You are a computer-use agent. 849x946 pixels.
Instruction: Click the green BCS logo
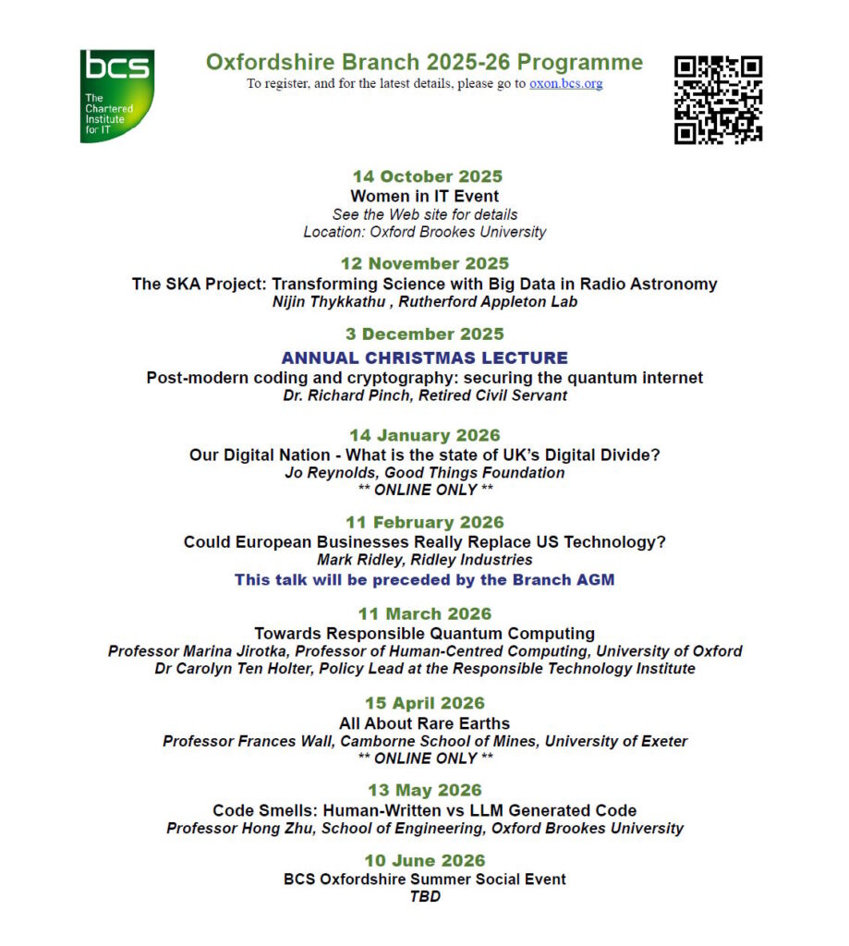pyautogui.click(x=116, y=95)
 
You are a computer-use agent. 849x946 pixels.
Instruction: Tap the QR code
pyautogui.click(x=718, y=99)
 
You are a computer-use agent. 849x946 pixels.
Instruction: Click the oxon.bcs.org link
pyautogui.click(x=565, y=83)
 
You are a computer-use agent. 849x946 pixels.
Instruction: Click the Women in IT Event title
pyautogui.click(x=424, y=196)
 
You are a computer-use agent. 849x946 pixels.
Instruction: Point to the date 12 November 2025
pyautogui.click(x=424, y=263)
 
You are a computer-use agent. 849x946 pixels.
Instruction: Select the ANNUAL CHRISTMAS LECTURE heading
pyautogui.click(x=424, y=358)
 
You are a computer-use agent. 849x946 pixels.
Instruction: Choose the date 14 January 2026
pyautogui.click(x=424, y=435)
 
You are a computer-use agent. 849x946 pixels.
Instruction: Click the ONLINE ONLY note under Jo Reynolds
pyautogui.click(x=424, y=490)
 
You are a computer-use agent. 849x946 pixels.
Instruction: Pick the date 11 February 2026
pyautogui.click(x=424, y=523)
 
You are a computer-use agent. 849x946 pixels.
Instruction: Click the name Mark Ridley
pyautogui.click(x=355, y=560)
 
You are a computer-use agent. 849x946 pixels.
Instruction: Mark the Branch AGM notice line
pyautogui.click(x=424, y=580)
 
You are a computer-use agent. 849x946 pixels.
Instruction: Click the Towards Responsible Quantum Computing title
pyautogui.click(x=424, y=634)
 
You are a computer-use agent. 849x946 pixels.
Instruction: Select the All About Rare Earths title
pyautogui.click(x=424, y=723)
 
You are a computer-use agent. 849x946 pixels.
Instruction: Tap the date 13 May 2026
pyautogui.click(x=424, y=791)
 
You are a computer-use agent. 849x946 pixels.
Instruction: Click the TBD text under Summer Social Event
pyautogui.click(x=424, y=896)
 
